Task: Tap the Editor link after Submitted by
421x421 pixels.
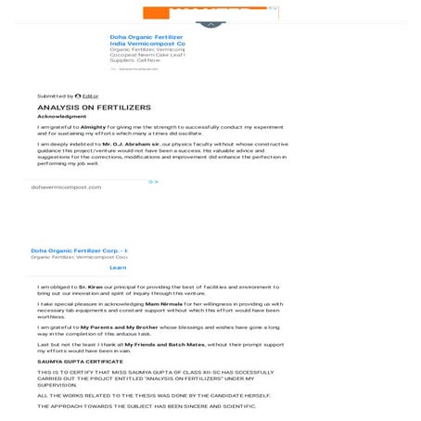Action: coord(90,96)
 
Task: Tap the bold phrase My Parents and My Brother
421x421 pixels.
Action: coord(118,326)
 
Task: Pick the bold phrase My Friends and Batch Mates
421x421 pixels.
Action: coord(164,344)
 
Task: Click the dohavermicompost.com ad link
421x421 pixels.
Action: coord(66,187)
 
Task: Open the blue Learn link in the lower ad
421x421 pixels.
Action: coord(117,267)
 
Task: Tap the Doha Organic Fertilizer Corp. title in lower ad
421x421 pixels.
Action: coord(79,250)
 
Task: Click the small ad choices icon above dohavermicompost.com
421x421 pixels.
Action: coord(154,182)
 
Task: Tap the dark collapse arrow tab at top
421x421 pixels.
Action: coord(210,24)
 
